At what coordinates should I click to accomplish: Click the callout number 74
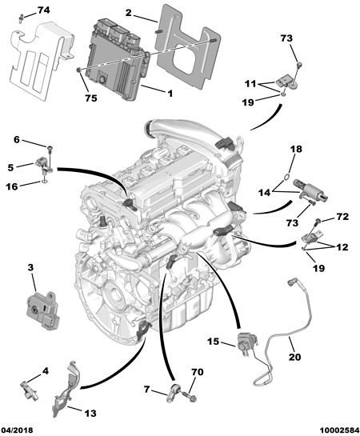tap(43, 10)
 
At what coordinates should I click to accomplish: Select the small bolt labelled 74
tap(21, 18)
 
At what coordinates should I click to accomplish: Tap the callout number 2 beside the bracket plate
tap(128, 13)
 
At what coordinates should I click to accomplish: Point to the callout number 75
tap(91, 98)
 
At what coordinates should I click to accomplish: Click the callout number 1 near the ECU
tap(170, 94)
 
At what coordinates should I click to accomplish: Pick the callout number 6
tap(17, 139)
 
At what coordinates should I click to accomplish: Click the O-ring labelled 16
tap(44, 182)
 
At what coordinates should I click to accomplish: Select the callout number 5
tap(10, 168)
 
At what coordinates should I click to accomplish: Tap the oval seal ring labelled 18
tap(287, 177)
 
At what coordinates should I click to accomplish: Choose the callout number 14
tap(264, 192)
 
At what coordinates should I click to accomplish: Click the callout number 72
tap(342, 216)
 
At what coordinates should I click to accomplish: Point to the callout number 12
tap(342, 247)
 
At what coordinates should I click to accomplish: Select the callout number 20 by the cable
tap(294, 357)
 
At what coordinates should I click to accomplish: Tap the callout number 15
tap(214, 341)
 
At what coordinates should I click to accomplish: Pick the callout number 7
tap(146, 390)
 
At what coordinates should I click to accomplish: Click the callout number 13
tap(90, 413)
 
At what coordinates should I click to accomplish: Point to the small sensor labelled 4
tap(29, 390)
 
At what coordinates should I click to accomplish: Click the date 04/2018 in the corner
tap(17, 430)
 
